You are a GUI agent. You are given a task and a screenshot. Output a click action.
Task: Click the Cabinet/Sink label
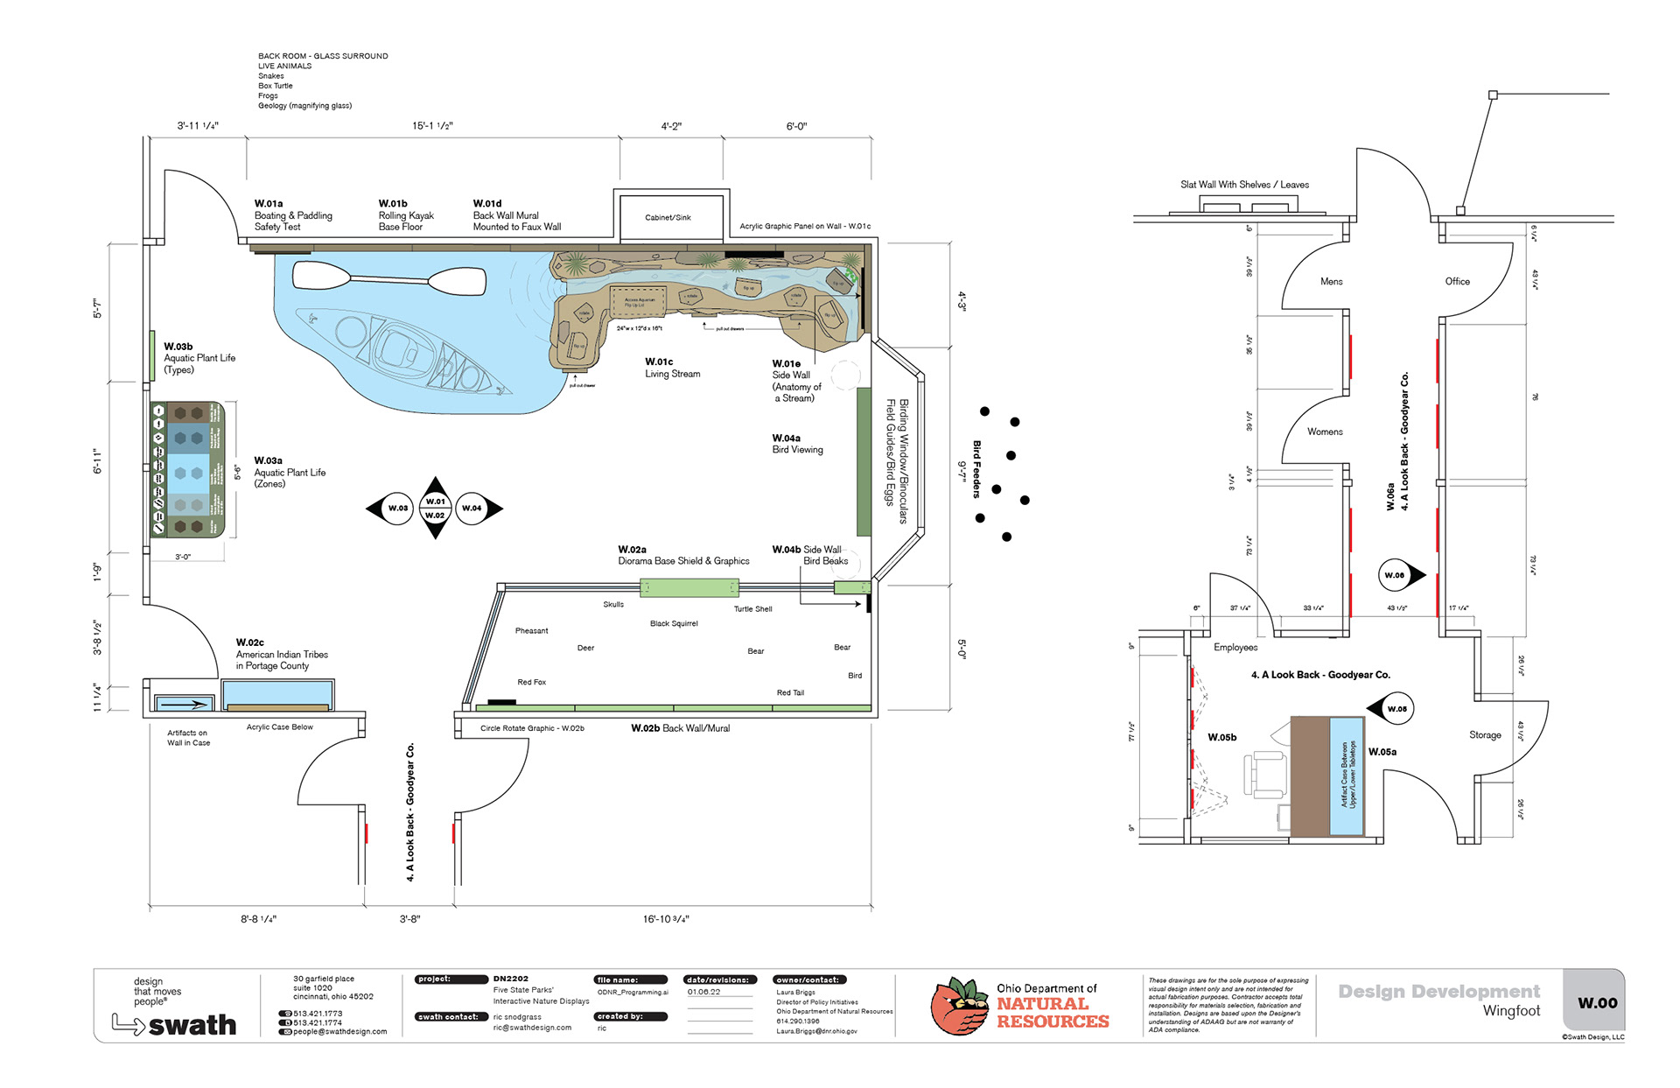[668, 217]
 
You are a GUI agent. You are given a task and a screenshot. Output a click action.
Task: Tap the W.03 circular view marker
[398, 508]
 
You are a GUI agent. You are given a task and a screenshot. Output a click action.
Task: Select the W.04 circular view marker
[472, 508]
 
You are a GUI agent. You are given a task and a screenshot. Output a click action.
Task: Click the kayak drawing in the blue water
[402, 350]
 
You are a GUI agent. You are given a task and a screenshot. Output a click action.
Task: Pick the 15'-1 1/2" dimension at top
[432, 126]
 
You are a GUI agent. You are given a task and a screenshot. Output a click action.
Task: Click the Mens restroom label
[1331, 282]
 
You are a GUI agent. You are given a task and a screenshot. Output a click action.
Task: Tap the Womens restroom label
[1325, 432]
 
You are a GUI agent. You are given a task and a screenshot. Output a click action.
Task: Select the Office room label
[1457, 282]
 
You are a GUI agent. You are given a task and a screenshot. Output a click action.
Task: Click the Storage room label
[1485, 735]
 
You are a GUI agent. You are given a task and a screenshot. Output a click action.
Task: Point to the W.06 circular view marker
[1395, 575]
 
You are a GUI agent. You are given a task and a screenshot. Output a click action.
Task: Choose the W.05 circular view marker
[1397, 709]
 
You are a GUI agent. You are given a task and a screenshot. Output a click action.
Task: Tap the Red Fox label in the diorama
[531, 682]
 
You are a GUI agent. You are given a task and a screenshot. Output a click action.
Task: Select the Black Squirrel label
[674, 624]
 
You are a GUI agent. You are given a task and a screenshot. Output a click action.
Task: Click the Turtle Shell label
[752, 609]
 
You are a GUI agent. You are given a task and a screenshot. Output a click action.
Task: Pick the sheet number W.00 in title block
[1597, 1003]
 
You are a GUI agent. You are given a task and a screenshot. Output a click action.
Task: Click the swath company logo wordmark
[192, 1025]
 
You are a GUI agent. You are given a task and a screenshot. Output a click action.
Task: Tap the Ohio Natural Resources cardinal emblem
[959, 1007]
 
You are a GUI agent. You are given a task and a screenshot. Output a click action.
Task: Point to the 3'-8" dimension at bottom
[409, 919]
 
